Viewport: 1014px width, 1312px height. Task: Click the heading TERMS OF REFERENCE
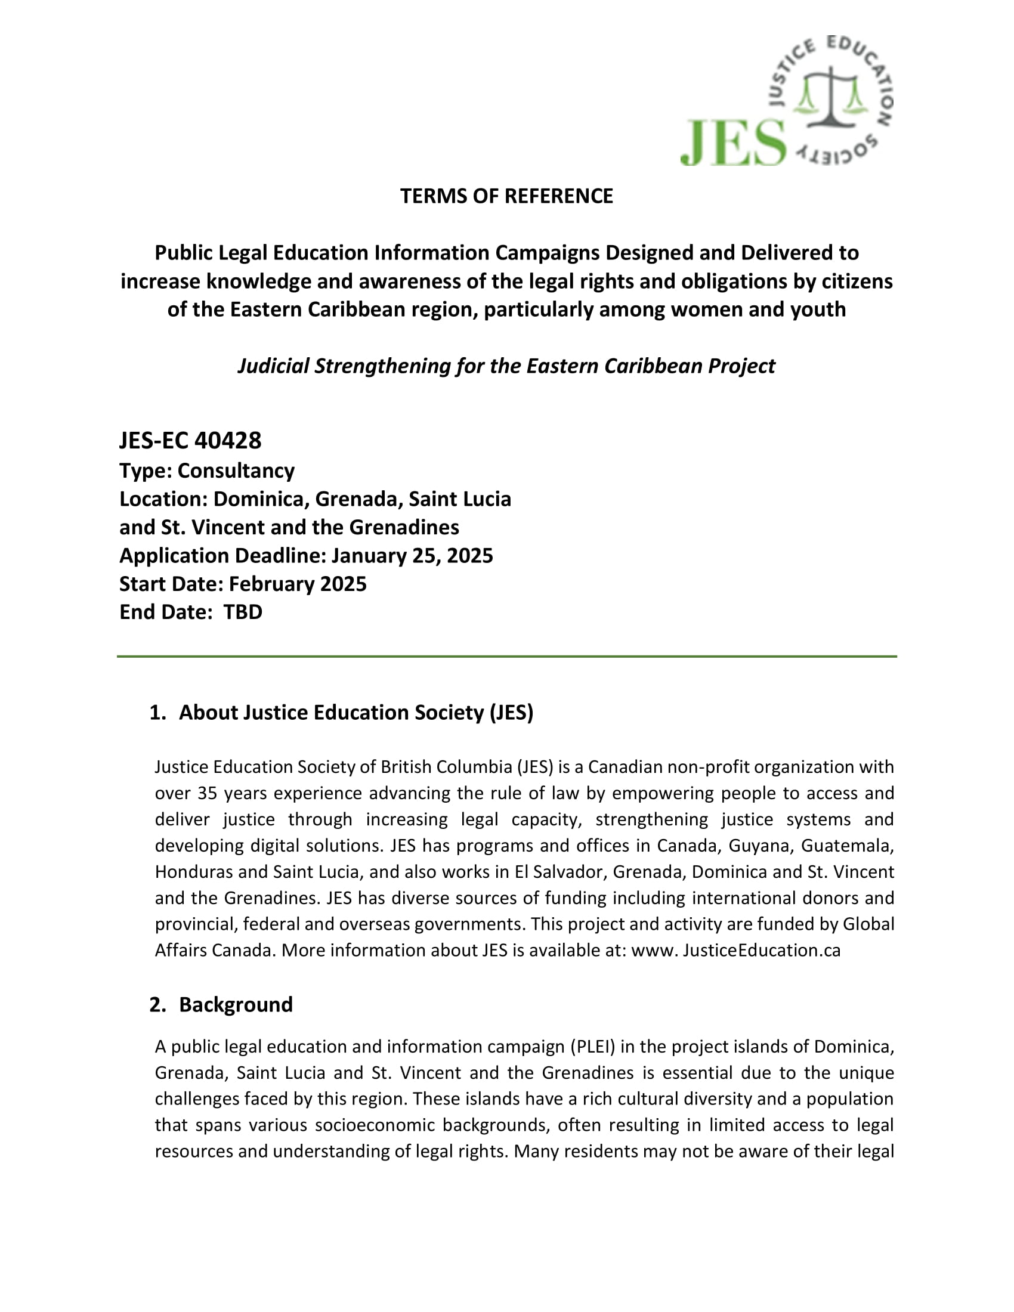(506, 196)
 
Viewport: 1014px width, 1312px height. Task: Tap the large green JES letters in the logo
(734, 143)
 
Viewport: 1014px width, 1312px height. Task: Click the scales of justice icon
(830, 96)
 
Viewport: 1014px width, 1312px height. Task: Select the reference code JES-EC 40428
(190, 441)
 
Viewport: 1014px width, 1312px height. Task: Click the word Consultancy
(236, 471)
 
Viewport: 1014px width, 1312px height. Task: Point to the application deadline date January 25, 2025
(412, 556)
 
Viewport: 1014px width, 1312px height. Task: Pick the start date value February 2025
(298, 584)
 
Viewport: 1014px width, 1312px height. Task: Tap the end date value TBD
(243, 612)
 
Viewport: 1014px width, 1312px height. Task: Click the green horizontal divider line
(506, 657)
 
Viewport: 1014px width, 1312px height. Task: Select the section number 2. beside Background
(157, 1004)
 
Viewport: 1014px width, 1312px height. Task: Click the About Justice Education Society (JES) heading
(355, 713)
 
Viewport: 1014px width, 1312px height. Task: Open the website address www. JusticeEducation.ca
(736, 951)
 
